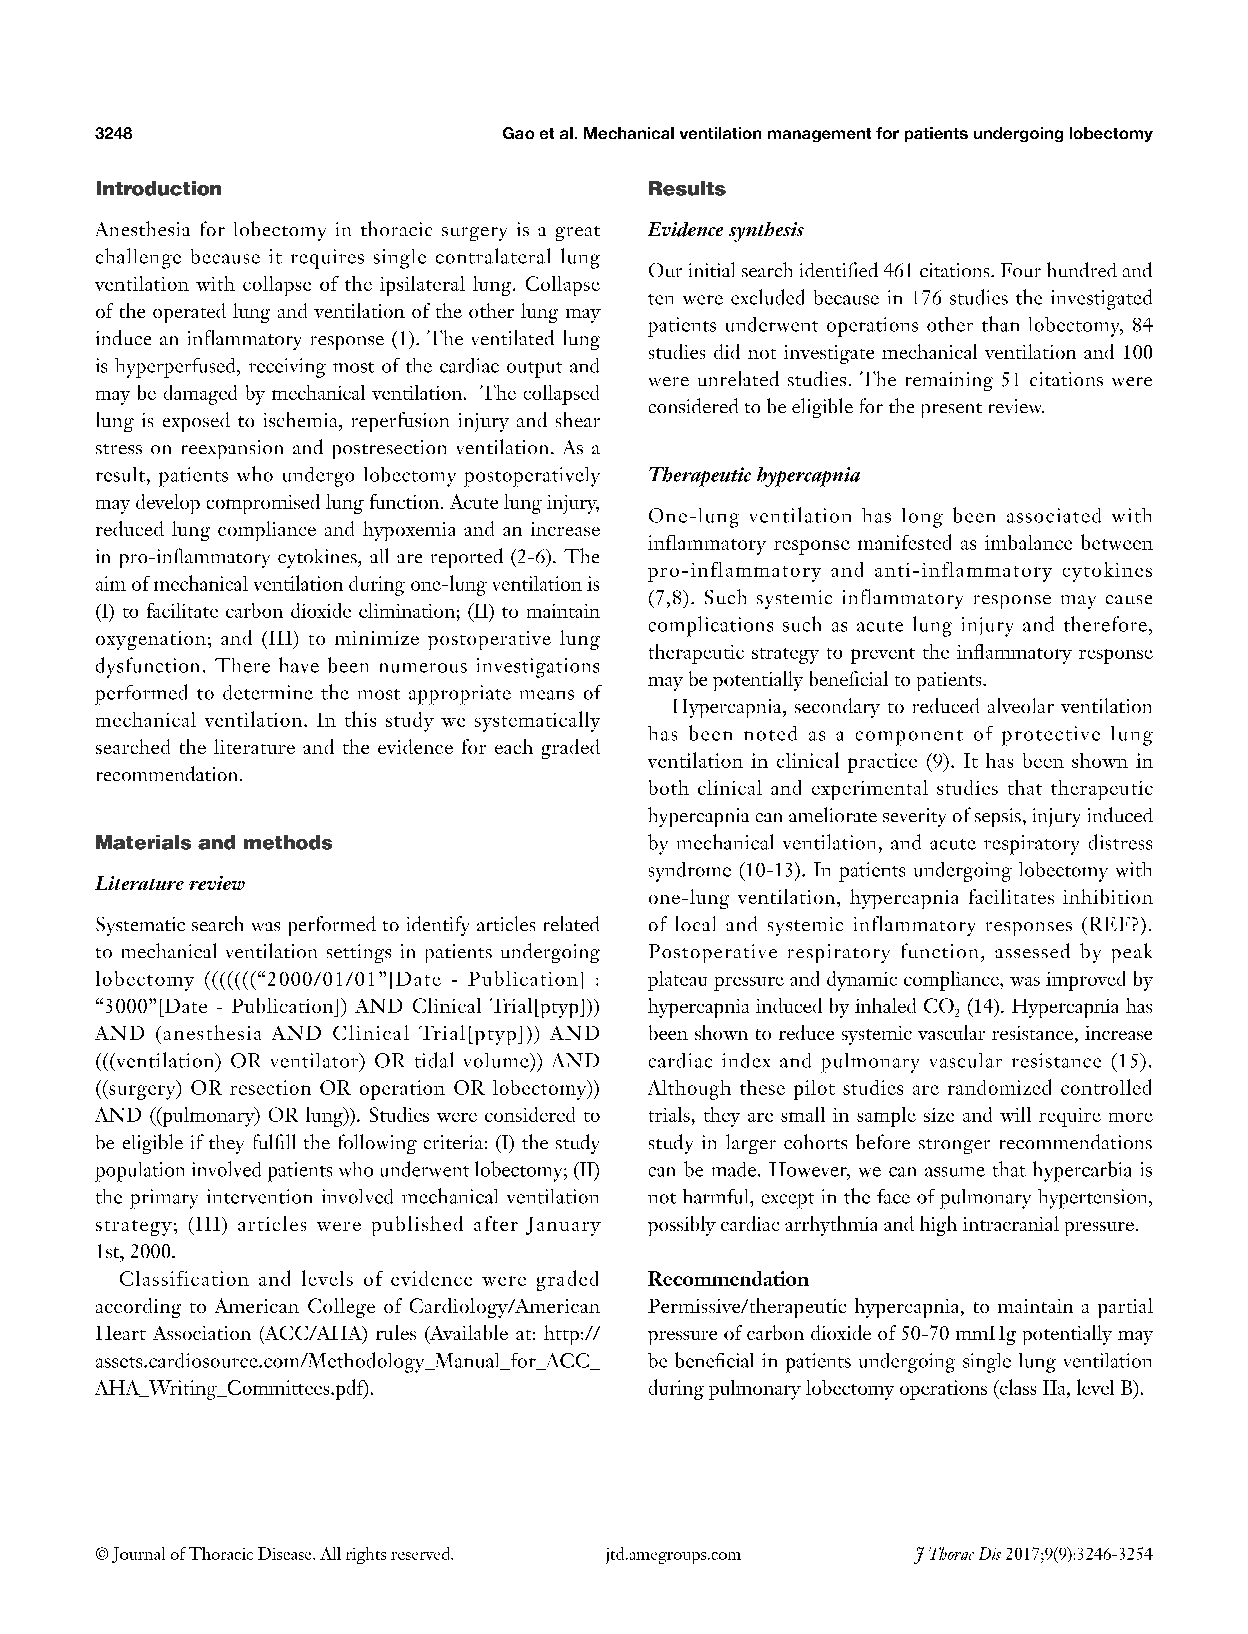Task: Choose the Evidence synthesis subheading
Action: (726, 230)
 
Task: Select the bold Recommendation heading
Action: (728, 1279)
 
